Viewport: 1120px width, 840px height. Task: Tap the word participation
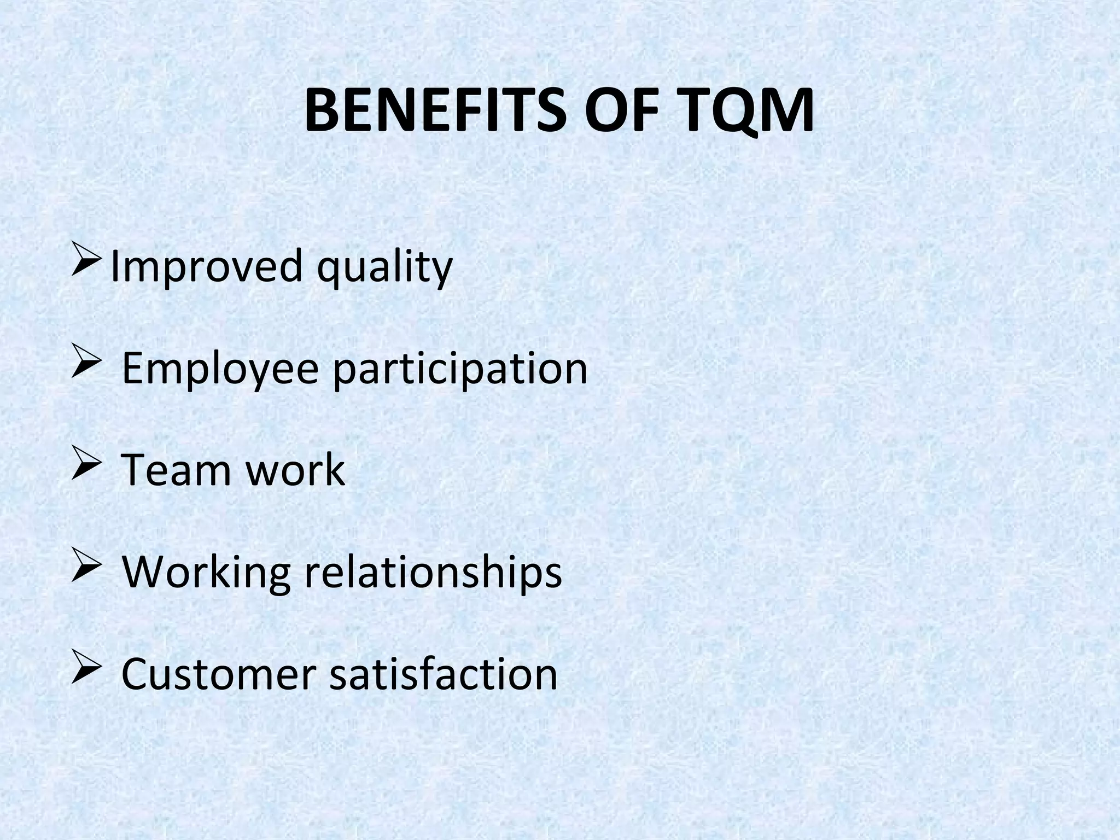(460, 369)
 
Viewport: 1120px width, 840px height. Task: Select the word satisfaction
(443, 674)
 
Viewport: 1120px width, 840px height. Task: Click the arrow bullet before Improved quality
(85, 261)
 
